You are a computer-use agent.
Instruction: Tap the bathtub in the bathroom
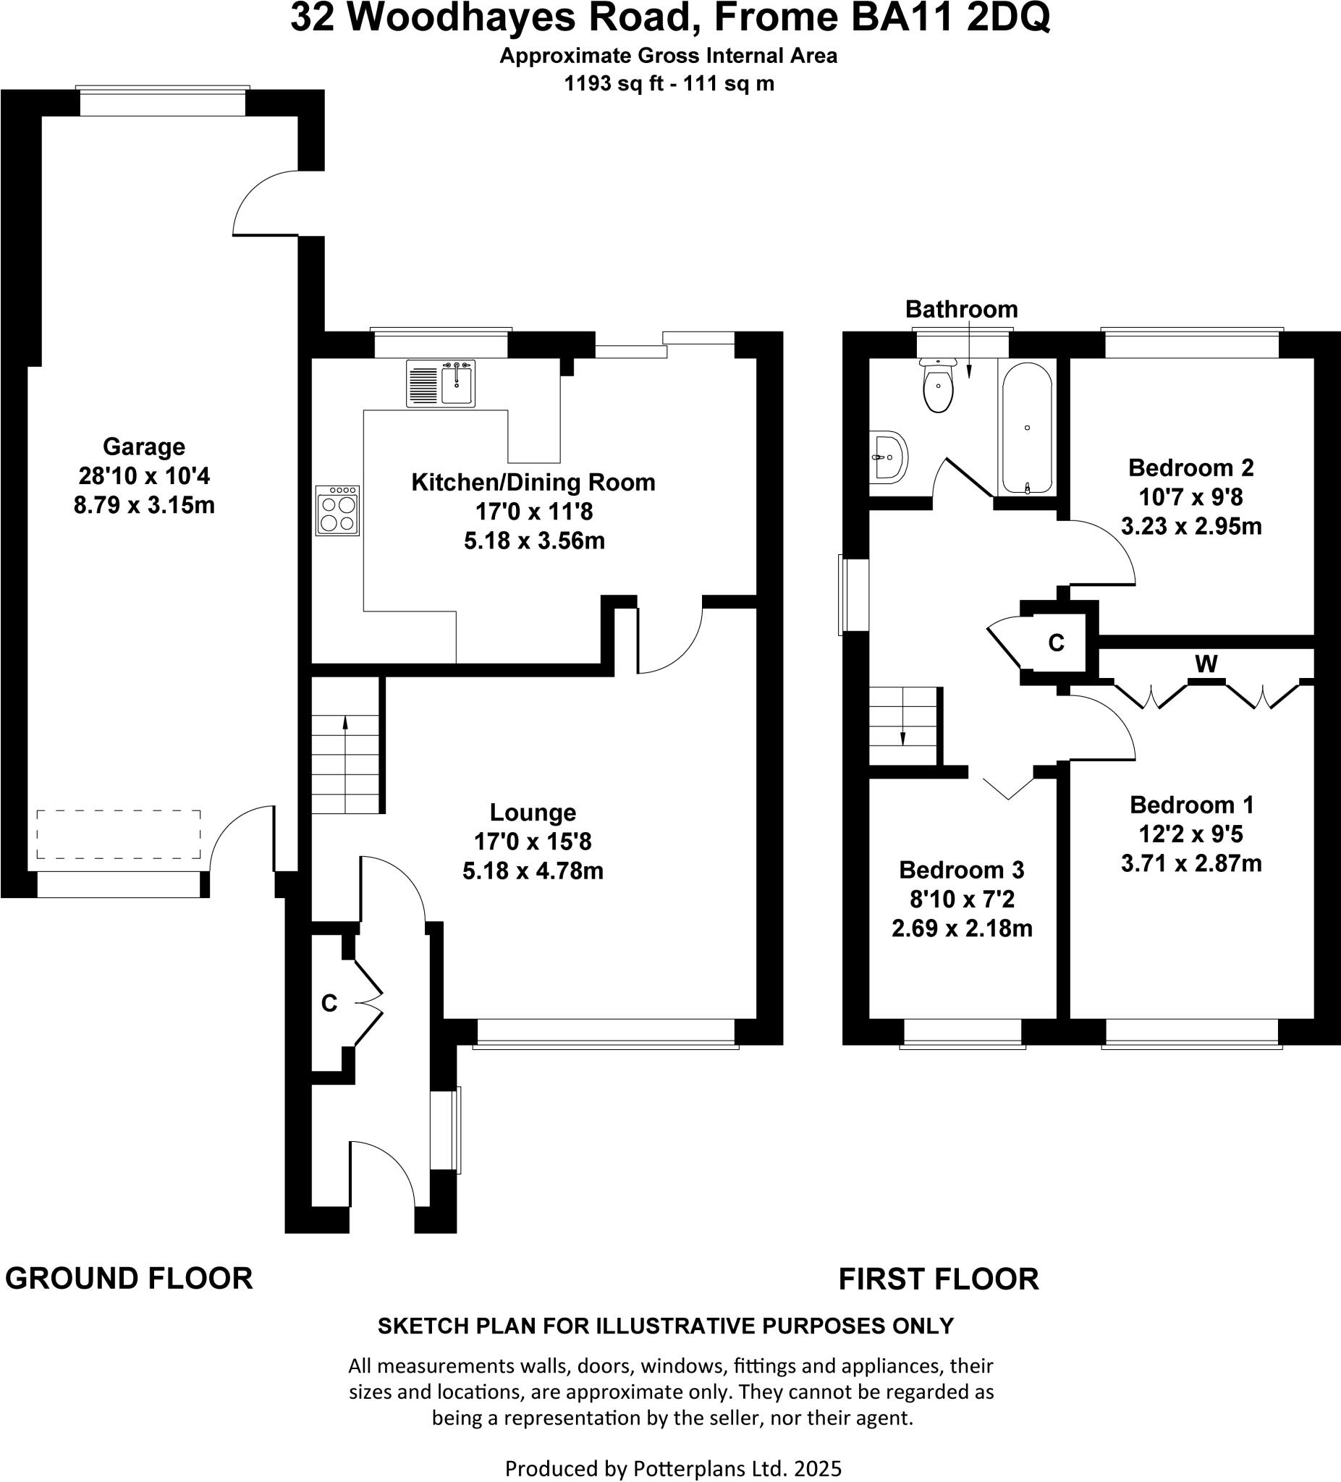click(1026, 428)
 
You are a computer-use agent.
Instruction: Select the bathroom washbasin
click(889, 457)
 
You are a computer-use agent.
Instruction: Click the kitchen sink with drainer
click(441, 383)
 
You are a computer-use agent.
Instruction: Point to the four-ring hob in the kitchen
click(337, 510)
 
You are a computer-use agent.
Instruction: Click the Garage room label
click(143, 446)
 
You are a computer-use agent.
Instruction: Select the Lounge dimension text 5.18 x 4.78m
click(533, 871)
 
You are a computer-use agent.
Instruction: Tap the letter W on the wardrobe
click(1206, 664)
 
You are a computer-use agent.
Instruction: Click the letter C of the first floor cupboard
click(1056, 643)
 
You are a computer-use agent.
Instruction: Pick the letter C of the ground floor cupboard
click(329, 1003)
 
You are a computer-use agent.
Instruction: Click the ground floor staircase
click(345, 745)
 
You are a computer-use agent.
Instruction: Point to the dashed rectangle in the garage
click(119, 834)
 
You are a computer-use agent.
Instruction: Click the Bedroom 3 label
click(961, 870)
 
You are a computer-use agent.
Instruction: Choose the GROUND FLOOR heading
click(129, 1279)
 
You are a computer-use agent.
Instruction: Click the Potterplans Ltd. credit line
click(672, 1468)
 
